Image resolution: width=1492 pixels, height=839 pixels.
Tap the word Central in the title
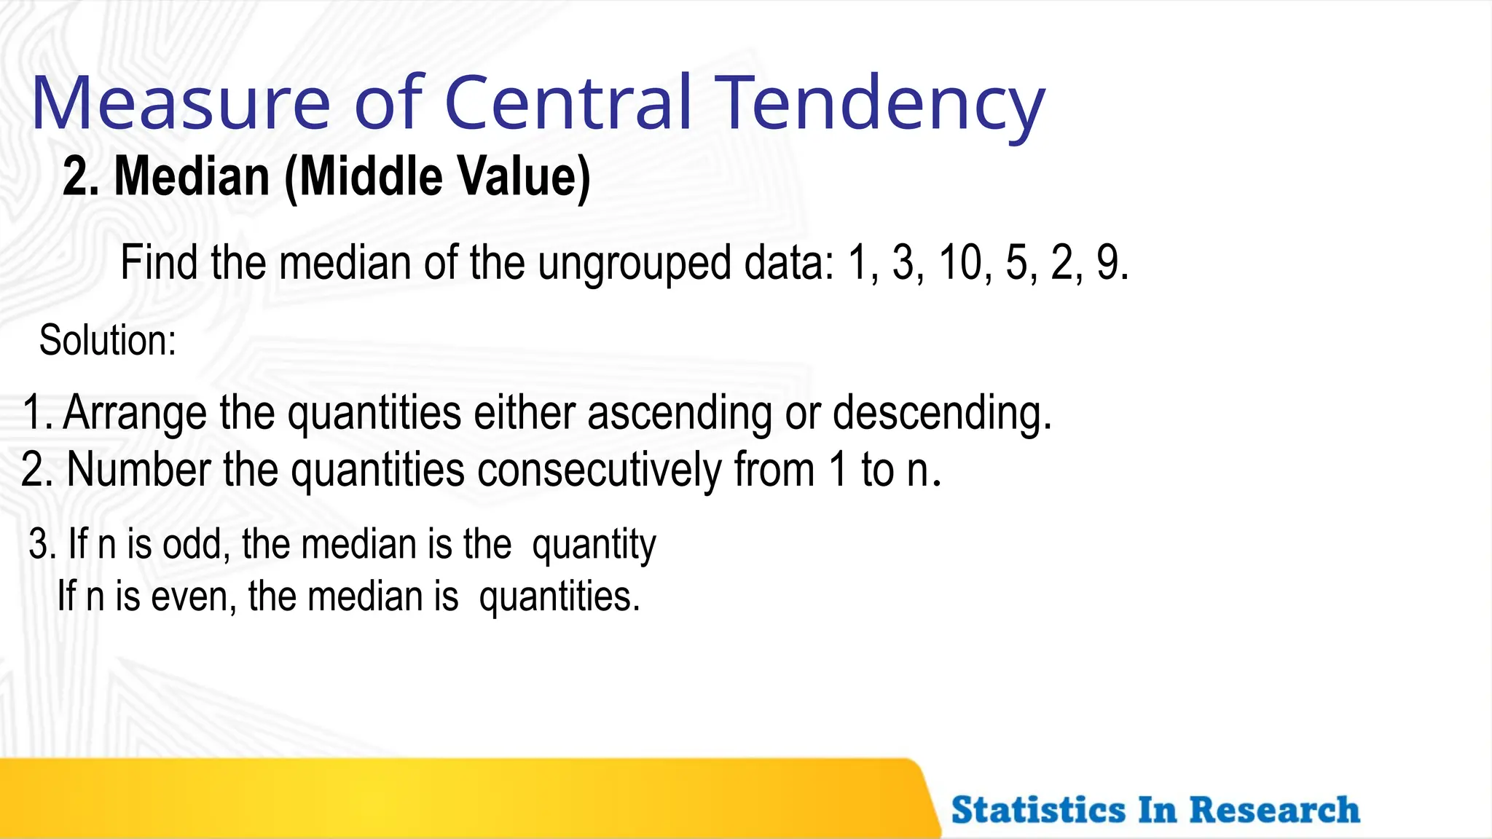point(567,103)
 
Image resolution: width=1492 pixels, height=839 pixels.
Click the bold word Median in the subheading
point(192,177)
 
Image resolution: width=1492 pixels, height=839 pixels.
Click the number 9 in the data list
point(1109,263)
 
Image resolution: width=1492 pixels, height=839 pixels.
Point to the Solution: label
point(108,340)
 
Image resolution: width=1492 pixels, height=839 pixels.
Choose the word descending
point(941,413)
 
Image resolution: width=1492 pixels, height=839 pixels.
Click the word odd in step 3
point(195,544)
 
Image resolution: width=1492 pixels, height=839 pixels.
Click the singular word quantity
point(594,545)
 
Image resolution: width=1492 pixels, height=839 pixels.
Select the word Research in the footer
point(1274,811)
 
